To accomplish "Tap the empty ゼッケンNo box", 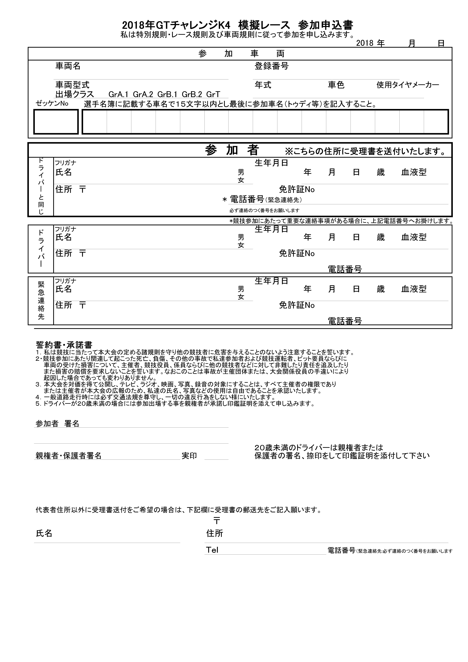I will [x=56, y=122].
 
